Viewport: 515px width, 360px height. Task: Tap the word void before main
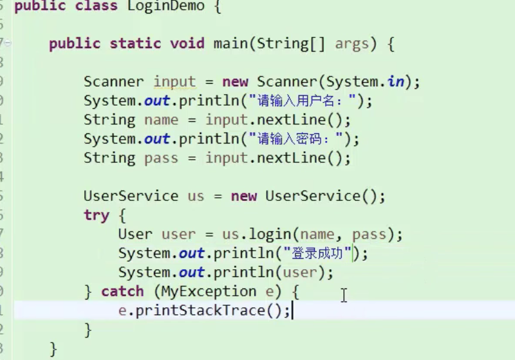[x=187, y=44]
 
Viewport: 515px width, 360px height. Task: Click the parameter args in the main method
[x=352, y=44]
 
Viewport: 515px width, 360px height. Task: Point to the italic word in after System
[x=396, y=82]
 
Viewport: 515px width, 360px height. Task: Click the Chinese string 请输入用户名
[x=306, y=101]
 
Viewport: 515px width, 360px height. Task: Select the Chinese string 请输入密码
[x=299, y=138]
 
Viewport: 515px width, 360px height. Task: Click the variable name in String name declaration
[x=162, y=120]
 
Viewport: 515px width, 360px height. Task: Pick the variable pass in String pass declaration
[x=162, y=158]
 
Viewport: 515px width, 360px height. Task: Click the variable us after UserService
[x=196, y=196]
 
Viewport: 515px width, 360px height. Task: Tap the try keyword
[x=96, y=215]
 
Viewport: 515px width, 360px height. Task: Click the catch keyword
[x=122, y=292]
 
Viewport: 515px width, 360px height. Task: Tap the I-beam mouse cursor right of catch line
[x=344, y=295]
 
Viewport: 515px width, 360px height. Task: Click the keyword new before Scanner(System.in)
[x=235, y=82]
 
